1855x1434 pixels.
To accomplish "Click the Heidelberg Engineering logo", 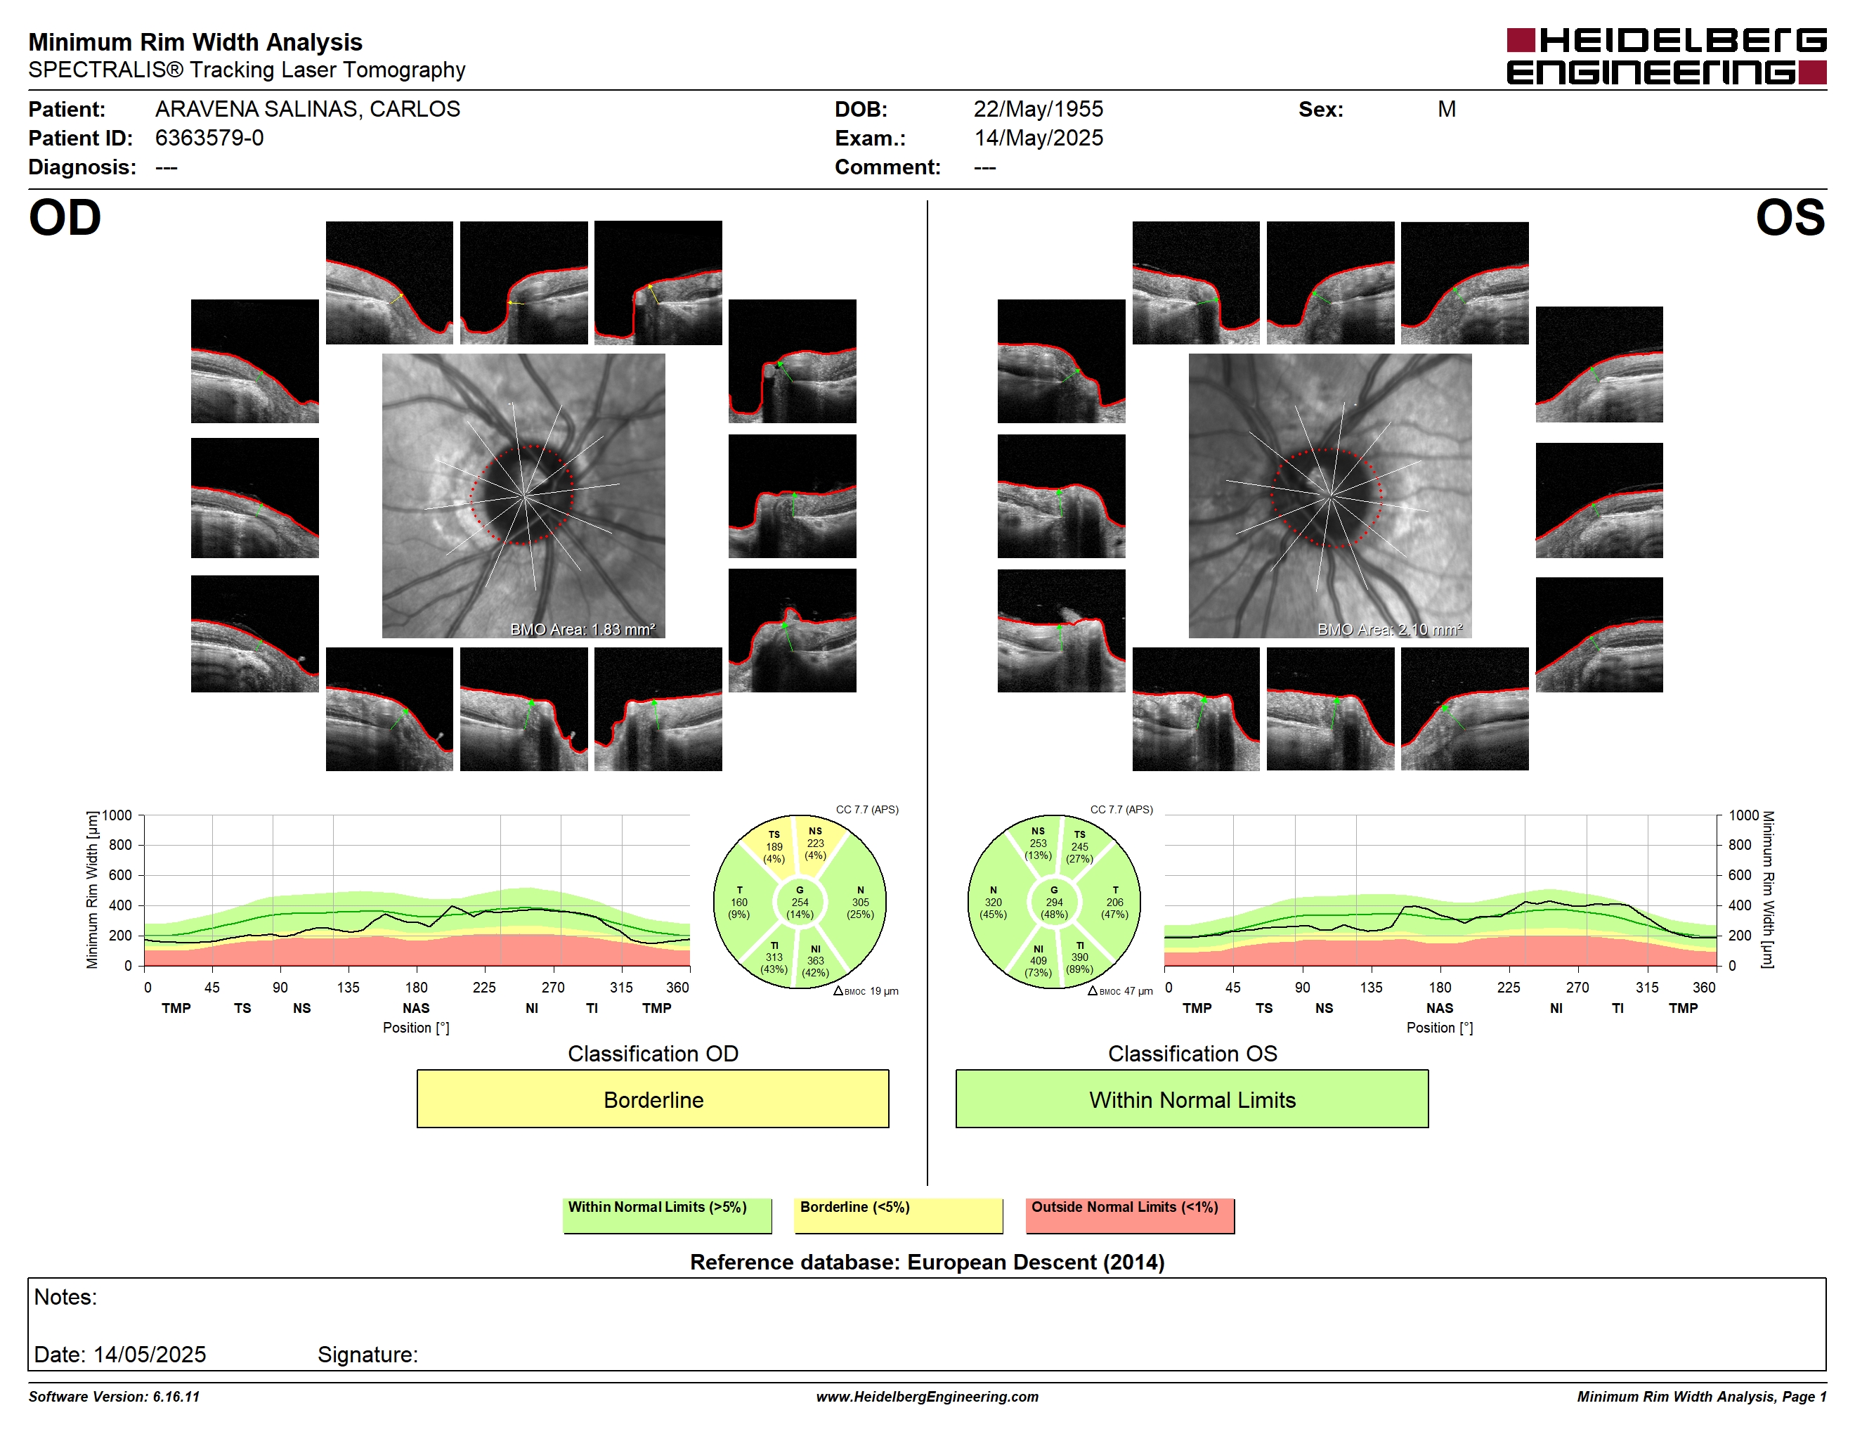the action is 1667,56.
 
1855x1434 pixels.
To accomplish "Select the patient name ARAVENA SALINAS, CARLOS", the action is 308,109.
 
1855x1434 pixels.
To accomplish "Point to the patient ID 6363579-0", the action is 209,138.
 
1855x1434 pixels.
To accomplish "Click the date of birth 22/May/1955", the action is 1038,109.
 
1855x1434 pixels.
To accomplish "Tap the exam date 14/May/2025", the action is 1038,138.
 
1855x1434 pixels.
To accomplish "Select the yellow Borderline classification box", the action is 652,1099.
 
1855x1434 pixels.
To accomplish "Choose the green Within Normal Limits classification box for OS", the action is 1192,1099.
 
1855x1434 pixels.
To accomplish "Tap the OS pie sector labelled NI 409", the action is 1038,961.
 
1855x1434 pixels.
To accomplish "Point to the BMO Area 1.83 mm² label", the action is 582,630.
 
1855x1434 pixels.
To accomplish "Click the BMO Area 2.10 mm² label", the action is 1390,630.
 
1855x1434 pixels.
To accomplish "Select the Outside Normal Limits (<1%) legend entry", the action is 1130,1215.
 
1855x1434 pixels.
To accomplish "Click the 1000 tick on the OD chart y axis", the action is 117,815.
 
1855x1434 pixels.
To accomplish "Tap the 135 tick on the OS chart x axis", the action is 1371,987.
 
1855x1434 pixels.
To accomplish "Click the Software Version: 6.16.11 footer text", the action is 114,1397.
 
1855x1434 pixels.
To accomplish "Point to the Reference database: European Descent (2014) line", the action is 927,1262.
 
